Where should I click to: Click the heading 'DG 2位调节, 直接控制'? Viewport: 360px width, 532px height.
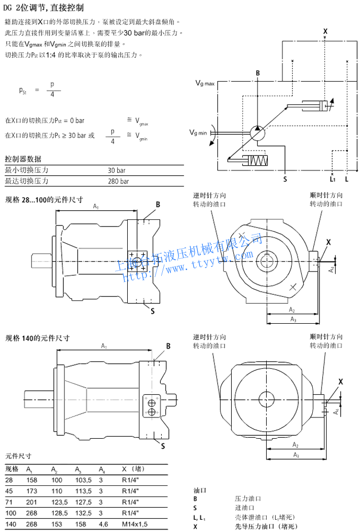click(x=44, y=8)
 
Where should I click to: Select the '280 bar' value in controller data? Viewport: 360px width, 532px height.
click(x=119, y=181)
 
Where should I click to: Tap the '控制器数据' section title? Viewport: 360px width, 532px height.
click(x=23, y=159)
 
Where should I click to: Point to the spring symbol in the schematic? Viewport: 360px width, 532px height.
click(x=262, y=161)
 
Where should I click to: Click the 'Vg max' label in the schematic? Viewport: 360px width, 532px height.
click(x=205, y=82)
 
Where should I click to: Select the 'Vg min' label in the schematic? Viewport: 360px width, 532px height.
click(x=198, y=133)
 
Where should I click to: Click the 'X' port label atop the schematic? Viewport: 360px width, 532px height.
click(x=325, y=31)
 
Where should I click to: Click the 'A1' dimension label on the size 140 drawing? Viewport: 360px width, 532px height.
click(x=103, y=346)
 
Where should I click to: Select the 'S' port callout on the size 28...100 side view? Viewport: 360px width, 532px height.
click(x=152, y=311)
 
